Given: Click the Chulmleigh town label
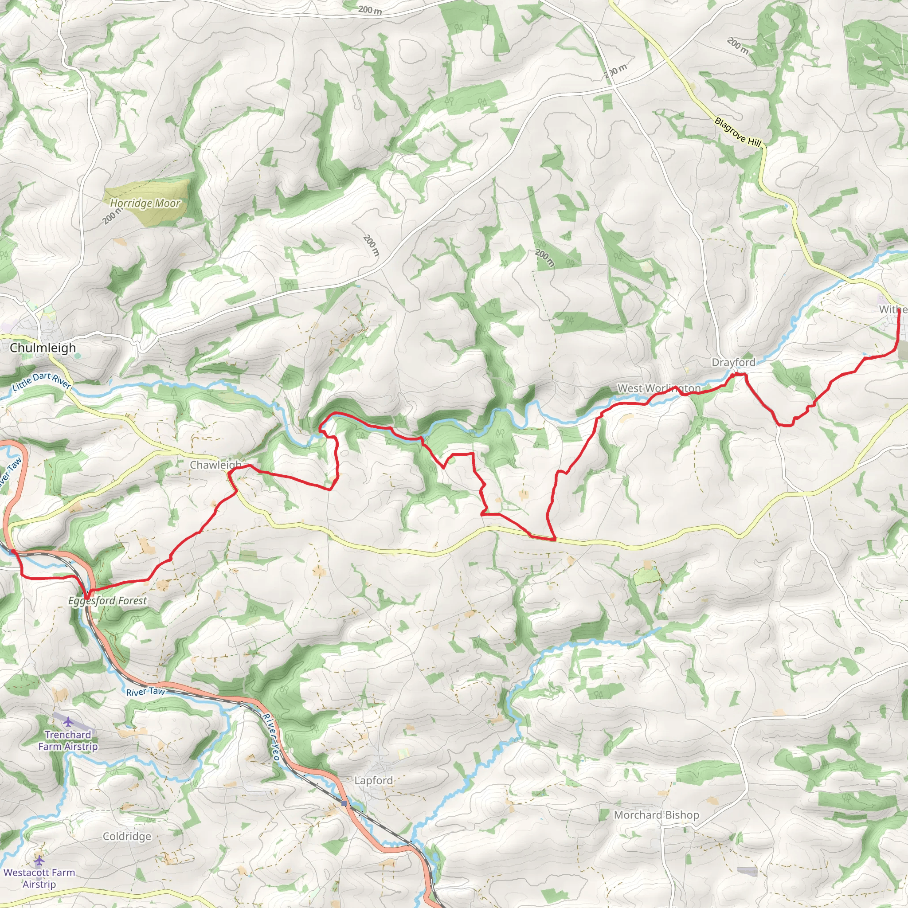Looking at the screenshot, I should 43,348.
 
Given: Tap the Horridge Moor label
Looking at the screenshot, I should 145,203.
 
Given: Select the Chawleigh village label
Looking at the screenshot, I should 215,465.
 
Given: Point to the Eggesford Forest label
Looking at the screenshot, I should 107,601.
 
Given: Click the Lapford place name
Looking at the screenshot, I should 373,780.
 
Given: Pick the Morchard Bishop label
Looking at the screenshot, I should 656,815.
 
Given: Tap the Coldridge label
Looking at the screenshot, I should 127,836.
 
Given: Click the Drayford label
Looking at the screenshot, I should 733,362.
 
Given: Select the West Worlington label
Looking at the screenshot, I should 658,388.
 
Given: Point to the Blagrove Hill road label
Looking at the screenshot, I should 737,132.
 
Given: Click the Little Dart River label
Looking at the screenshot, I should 41,381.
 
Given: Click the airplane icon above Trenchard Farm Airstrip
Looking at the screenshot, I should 69,721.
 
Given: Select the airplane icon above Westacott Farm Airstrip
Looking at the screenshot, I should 39,861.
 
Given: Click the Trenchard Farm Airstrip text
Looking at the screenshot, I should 68,740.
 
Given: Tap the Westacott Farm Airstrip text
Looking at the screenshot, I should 39,878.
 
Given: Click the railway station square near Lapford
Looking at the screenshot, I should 344,803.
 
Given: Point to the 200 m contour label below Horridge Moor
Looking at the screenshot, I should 112,216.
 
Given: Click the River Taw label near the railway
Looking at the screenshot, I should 145,692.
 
